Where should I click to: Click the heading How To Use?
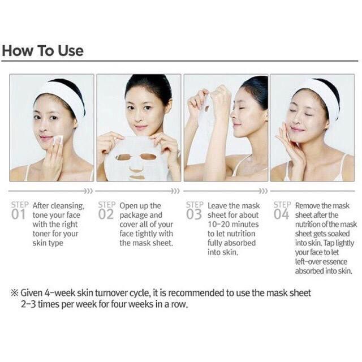coord(43,50)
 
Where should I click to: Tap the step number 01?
coord(18,214)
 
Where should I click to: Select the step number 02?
coord(106,214)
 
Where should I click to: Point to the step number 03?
coord(194,214)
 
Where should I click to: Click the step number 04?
coord(282,214)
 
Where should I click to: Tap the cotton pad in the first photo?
coord(58,140)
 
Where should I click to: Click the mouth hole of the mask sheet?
coord(137,178)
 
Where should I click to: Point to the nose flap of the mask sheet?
coord(136,168)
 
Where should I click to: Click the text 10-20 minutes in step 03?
coord(233,224)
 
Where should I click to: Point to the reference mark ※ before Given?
coord(15,293)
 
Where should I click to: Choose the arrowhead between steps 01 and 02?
coord(89,191)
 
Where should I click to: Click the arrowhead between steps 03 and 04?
coord(264,191)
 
